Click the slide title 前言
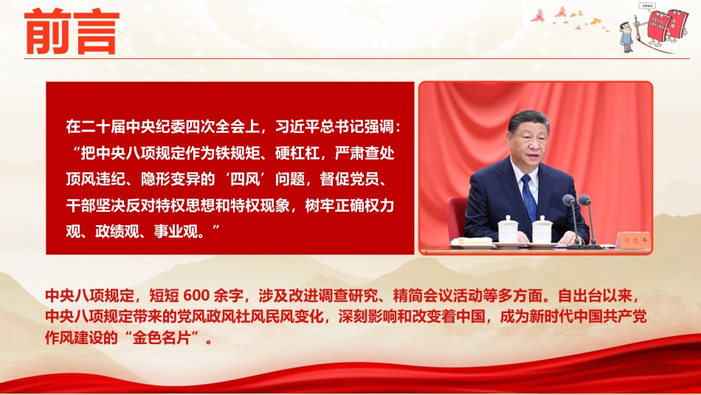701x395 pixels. click(x=72, y=32)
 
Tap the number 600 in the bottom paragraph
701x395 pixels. click(x=196, y=295)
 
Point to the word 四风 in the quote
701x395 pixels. click(x=244, y=179)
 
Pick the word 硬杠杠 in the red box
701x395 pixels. click(x=297, y=153)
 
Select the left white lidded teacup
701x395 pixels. click(x=508, y=230)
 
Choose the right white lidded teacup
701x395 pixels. click(x=542, y=230)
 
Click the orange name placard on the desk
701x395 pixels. click(x=634, y=240)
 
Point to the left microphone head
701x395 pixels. click(x=569, y=200)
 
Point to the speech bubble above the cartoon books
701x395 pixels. click(x=646, y=6)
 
